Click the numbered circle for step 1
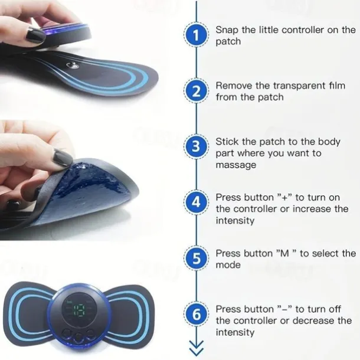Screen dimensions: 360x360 click(x=196, y=35)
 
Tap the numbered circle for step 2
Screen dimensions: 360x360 click(x=196, y=91)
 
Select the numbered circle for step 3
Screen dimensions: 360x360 click(x=196, y=146)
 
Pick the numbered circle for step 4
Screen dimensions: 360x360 click(x=196, y=202)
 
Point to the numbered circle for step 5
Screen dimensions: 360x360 click(x=196, y=258)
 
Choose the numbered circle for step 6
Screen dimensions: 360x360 click(x=196, y=314)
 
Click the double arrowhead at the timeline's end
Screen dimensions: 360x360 click(x=197, y=348)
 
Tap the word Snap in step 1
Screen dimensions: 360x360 click(x=227, y=30)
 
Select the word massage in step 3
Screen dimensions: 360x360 click(x=236, y=165)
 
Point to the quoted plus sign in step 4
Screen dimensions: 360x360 click(x=284, y=197)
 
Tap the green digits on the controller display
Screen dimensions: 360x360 click(x=79, y=310)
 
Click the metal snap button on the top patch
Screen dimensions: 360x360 click(x=73, y=66)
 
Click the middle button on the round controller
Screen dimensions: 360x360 click(x=79, y=338)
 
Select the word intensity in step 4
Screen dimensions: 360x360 click(x=235, y=221)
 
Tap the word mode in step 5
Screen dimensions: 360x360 click(x=228, y=265)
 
